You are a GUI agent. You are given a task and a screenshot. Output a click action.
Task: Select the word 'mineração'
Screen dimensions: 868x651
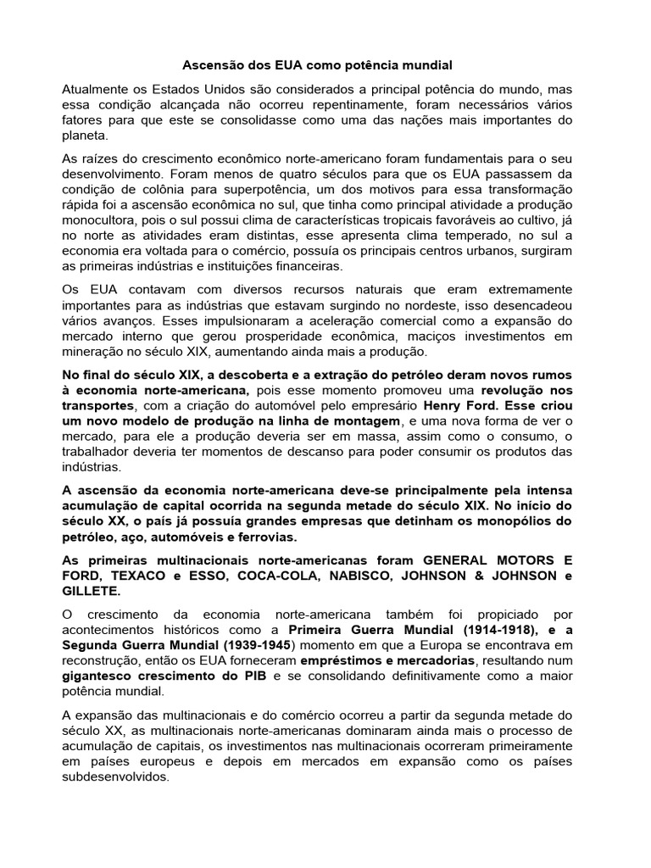(x=95, y=352)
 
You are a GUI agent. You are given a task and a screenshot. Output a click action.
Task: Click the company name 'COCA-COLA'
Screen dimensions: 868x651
(x=270, y=576)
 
